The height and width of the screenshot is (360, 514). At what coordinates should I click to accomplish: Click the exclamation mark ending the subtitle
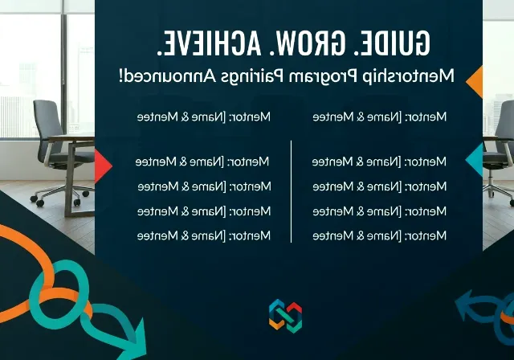(122, 76)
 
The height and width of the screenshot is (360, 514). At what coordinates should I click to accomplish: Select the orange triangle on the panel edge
(474, 82)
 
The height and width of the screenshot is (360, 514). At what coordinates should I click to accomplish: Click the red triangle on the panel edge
(103, 166)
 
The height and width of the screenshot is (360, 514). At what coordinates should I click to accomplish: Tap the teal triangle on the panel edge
(475, 161)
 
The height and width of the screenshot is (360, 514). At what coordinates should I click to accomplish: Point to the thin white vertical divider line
(291, 191)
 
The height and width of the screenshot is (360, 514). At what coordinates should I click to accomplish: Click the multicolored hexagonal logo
(285, 316)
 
